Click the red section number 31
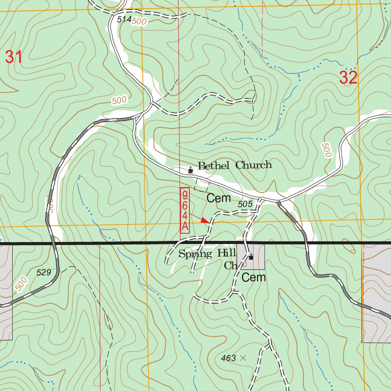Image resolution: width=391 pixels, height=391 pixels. pyautogui.click(x=14, y=57)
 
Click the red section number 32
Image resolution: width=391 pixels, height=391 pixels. pyautogui.click(x=348, y=78)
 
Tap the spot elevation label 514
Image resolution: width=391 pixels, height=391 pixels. pyautogui.click(x=124, y=19)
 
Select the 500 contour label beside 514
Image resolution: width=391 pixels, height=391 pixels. pyautogui.click(x=139, y=22)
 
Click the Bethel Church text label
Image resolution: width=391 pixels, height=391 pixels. pyautogui.click(x=235, y=165)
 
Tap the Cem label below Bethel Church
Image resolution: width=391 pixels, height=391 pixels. pyautogui.click(x=218, y=198)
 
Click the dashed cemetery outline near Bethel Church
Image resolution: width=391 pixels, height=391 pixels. pyautogui.click(x=201, y=186)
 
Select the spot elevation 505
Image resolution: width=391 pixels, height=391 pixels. pyautogui.click(x=245, y=204)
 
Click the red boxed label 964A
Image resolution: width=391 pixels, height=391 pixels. pyautogui.click(x=185, y=210)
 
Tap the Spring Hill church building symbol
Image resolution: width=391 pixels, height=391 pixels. pyautogui.click(x=251, y=257)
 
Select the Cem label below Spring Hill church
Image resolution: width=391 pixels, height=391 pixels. pyautogui.click(x=254, y=278)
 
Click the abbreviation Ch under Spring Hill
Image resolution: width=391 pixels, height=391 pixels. pyautogui.click(x=231, y=265)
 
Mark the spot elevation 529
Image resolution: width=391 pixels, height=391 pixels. pyautogui.click(x=44, y=272)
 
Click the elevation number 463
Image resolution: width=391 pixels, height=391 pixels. pyautogui.click(x=228, y=358)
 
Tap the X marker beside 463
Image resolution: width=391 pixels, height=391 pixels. pyautogui.click(x=243, y=358)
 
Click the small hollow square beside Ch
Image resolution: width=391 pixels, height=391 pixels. pyautogui.click(x=244, y=264)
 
